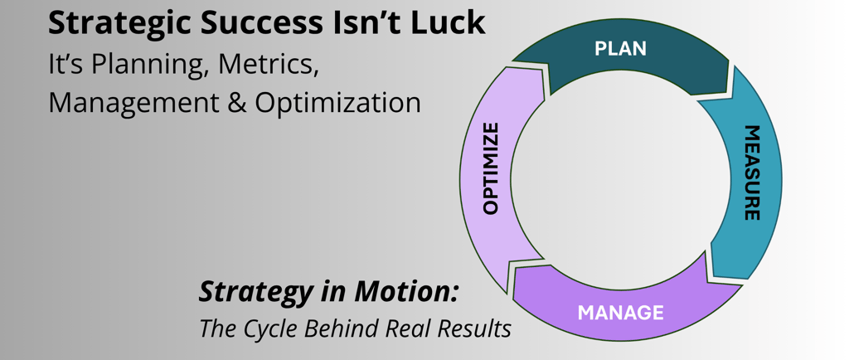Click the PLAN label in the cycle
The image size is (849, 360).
[x=620, y=49]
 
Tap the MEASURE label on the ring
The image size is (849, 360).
[x=751, y=173]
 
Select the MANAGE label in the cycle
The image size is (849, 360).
[x=620, y=313]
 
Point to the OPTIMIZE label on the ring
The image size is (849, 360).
[x=491, y=168]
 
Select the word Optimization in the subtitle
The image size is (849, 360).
[x=337, y=103]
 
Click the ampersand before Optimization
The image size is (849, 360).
[x=238, y=103]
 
